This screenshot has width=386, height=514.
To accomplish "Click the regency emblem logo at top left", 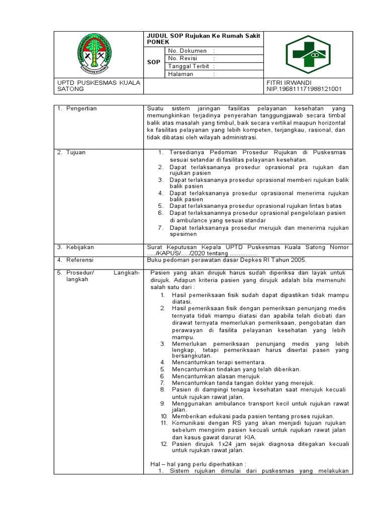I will [x=95, y=55].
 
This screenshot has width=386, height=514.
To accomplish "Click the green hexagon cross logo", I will [x=305, y=55].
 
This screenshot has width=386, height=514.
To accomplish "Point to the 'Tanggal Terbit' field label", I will [x=188, y=66].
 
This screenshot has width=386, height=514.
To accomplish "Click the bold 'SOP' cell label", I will [x=153, y=62].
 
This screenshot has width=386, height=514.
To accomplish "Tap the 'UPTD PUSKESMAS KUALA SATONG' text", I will [x=99, y=86].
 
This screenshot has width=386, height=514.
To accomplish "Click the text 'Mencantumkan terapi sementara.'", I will [x=219, y=362].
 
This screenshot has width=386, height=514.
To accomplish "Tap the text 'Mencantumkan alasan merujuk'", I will [x=215, y=376].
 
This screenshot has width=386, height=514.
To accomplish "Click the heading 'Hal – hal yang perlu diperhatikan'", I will [x=198, y=464].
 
